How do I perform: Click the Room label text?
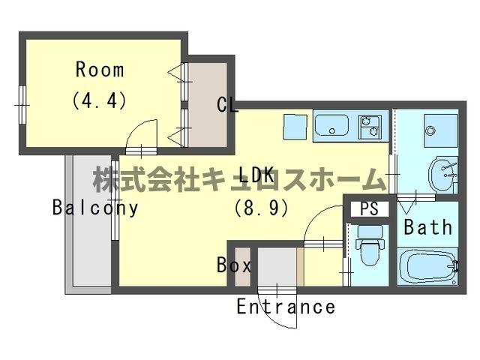coord(99,70)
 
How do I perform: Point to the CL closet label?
coord(227,105)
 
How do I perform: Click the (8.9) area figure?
coord(262,208)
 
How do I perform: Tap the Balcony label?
coord(96,208)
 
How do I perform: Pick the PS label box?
coord(369,208)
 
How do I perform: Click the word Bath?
coord(428,226)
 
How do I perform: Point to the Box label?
coord(233,265)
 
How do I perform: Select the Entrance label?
coord(286,306)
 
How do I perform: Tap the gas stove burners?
coord(370,126)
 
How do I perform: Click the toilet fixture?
coord(369,248)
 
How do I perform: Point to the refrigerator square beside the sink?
coord(295,126)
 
